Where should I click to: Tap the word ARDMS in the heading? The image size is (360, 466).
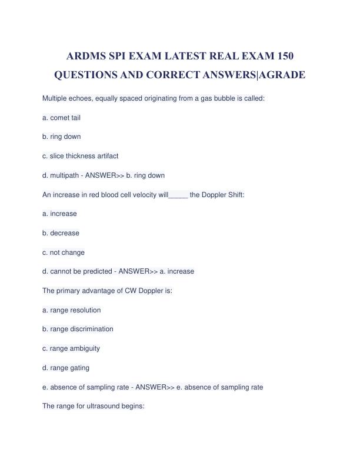point(90,56)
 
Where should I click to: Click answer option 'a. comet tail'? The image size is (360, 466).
point(62,118)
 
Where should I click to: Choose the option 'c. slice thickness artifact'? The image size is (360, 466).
point(81,156)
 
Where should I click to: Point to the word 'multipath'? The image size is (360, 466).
point(64,175)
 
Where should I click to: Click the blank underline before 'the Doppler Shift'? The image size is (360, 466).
point(178,195)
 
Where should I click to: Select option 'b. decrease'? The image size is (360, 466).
point(61,233)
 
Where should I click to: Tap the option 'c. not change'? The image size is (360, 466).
point(64,252)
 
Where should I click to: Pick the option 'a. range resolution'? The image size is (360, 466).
point(72,310)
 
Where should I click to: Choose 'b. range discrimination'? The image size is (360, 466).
point(78,329)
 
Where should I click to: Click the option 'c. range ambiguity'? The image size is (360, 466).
point(71,348)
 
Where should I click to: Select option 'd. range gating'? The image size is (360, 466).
point(66,368)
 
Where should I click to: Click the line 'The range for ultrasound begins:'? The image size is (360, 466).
point(94,406)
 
